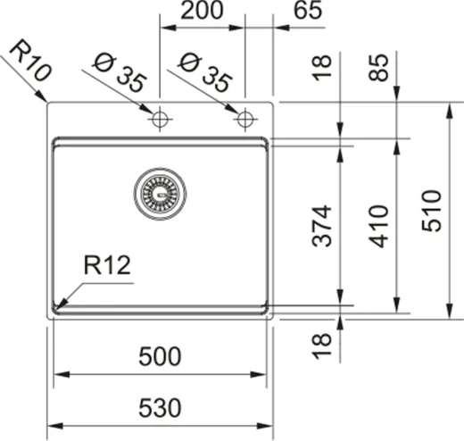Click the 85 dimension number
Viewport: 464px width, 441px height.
tap(380, 67)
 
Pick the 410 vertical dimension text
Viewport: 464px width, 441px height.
tap(380, 226)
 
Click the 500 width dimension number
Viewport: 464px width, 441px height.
tap(161, 357)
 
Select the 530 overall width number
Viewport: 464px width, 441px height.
tap(161, 409)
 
